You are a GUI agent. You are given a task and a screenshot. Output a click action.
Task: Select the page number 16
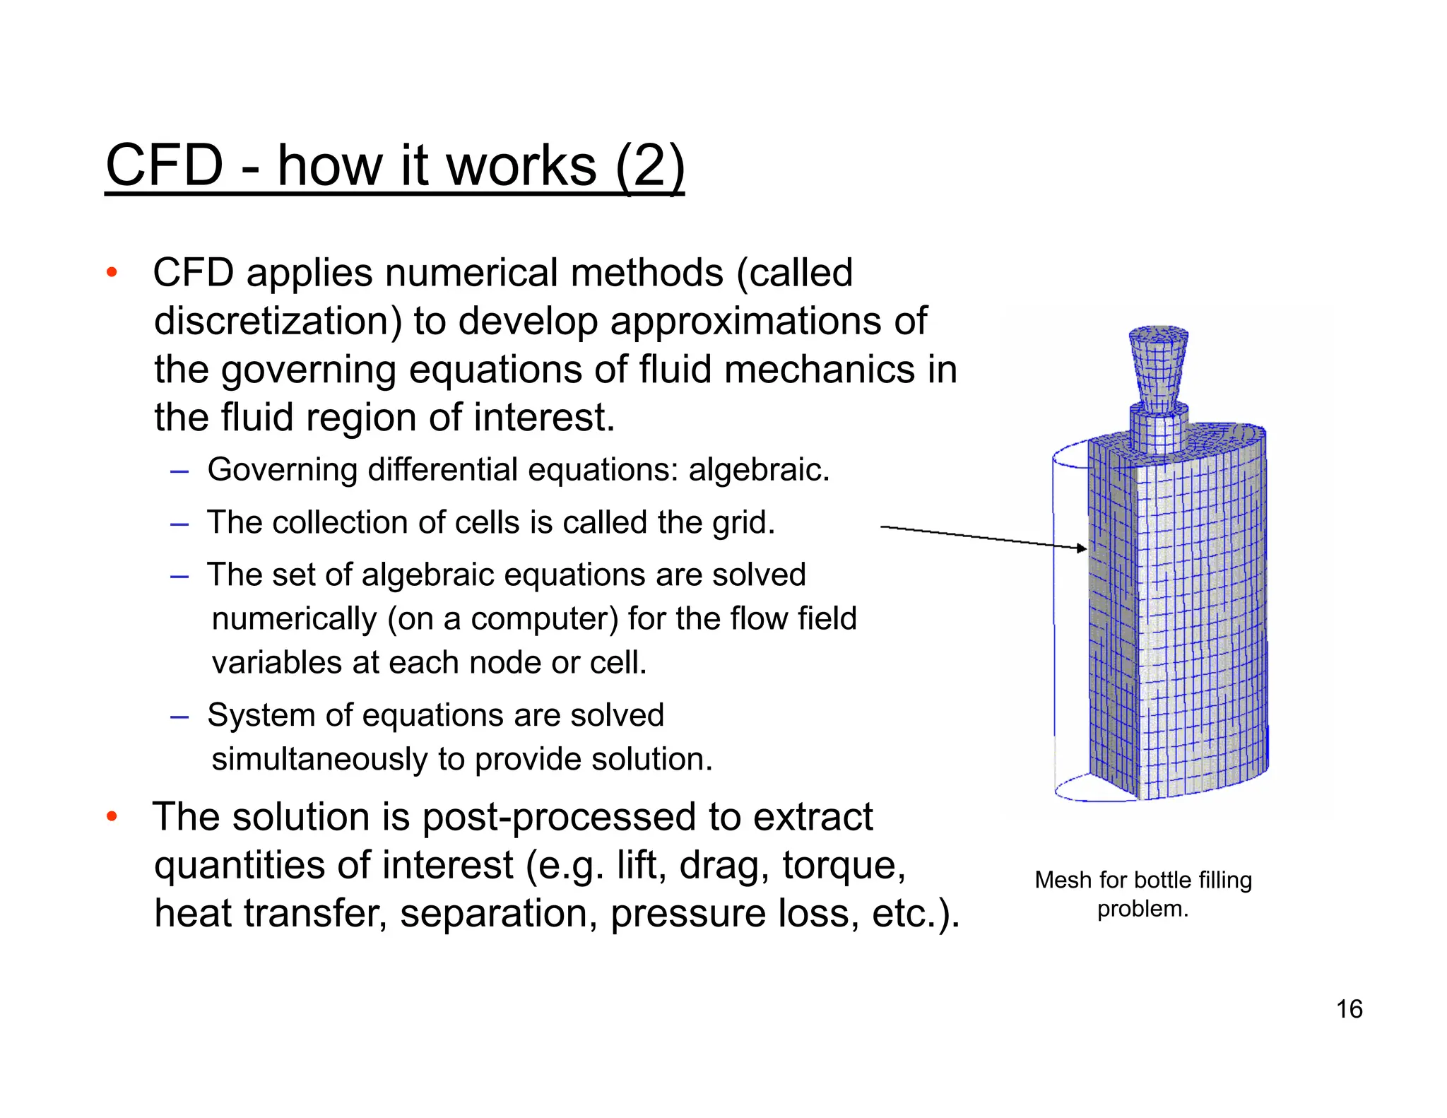click(x=1349, y=1009)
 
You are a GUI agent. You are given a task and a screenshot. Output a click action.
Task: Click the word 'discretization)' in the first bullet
click(x=278, y=322)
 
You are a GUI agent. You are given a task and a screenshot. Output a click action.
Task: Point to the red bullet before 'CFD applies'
click(x=112, y=273)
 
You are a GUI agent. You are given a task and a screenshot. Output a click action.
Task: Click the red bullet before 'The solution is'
click(x=112, y=817)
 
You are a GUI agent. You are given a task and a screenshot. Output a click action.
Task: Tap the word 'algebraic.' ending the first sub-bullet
click(x=759, y=470)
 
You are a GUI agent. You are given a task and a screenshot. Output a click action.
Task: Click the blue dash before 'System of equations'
click(x=179, y=717)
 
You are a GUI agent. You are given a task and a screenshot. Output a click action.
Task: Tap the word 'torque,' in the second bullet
click(x=844, y=866)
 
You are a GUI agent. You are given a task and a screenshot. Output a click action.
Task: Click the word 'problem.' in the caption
click(x=1142, y=909)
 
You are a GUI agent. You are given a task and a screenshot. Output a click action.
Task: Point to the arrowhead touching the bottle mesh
click(x=1082, y=548)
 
